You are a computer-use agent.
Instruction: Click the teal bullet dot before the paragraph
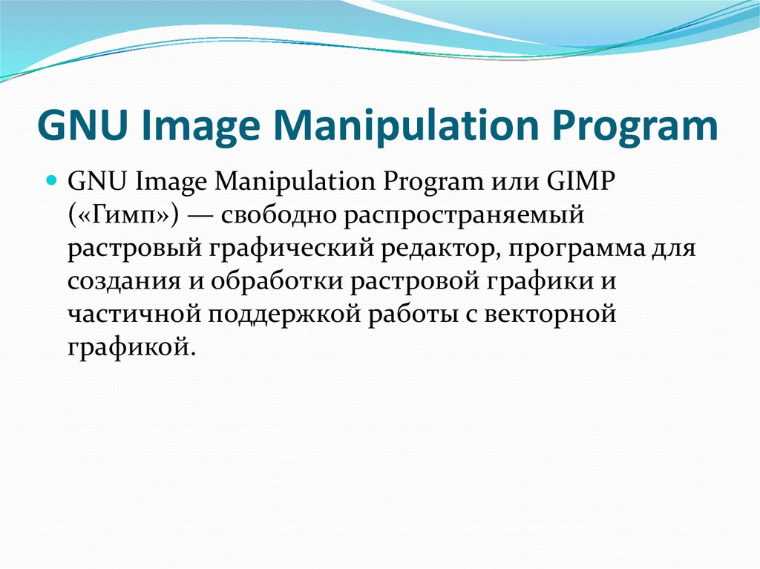click(53, 180)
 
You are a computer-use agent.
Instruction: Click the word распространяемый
click(458, 216)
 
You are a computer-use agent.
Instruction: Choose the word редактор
click(438, 249)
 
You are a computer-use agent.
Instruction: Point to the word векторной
click(551, 315)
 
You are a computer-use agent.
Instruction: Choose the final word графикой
click(130, 347)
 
